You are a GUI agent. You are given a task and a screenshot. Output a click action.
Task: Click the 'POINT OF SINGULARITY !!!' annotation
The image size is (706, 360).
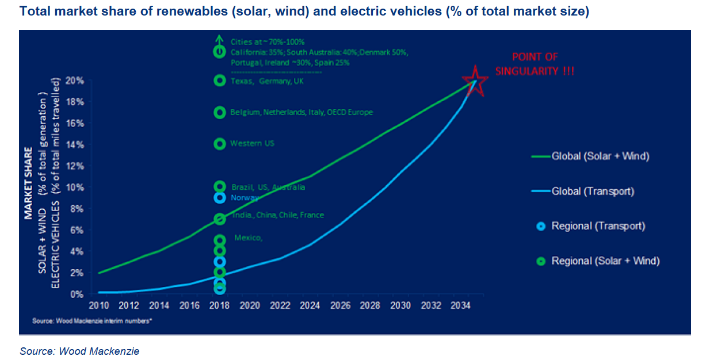536,64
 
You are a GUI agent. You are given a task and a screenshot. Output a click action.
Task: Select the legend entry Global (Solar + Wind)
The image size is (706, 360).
600,156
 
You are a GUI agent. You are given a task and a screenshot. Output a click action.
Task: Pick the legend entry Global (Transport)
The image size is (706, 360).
593,192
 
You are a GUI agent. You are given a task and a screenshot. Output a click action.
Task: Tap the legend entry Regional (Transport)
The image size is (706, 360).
598,226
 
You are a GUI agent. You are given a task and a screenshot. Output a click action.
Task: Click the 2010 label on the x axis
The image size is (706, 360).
97,305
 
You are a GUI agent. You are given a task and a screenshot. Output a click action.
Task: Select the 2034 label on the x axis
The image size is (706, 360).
461,305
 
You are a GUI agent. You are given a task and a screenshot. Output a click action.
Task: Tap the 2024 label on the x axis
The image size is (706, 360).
310,305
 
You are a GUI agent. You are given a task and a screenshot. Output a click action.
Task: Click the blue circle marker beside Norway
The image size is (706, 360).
219,198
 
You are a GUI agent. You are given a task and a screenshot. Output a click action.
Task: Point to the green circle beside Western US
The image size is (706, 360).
219,144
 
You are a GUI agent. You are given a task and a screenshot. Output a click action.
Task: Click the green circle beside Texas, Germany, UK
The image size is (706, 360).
219,81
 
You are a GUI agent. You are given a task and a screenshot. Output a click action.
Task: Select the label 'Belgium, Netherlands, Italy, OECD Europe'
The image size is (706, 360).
302,113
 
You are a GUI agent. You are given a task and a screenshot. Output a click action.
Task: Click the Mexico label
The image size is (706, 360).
249,238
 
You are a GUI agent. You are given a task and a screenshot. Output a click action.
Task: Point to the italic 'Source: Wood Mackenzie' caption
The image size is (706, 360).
79,351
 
